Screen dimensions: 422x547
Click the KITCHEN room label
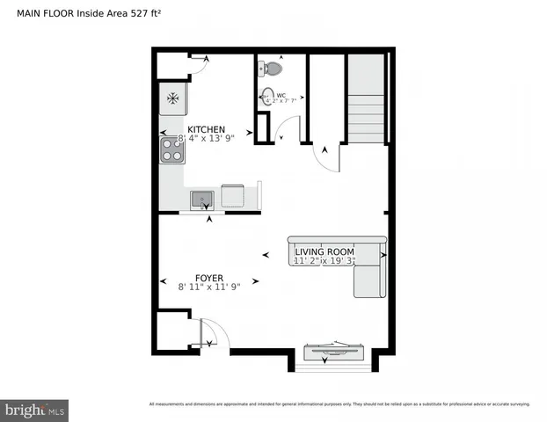click(x=206, y=129)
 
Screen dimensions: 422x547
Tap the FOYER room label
click(x=208, y=277)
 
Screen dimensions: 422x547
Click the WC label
click(x=281, y=95)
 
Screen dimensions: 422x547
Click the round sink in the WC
click(x=266, y=97)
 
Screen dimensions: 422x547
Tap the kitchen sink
click(x=202, y=199)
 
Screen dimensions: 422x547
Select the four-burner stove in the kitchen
click(x=171, y=150)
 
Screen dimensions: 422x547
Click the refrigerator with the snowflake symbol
click(x=172, y=98)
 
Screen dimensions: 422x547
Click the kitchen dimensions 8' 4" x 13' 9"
click(x=208, y=139)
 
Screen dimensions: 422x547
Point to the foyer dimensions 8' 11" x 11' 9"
click(x=209, y=287)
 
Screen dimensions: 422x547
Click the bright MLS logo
click(x=35, y=410)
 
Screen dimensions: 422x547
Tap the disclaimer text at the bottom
click(x=339, y=404)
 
